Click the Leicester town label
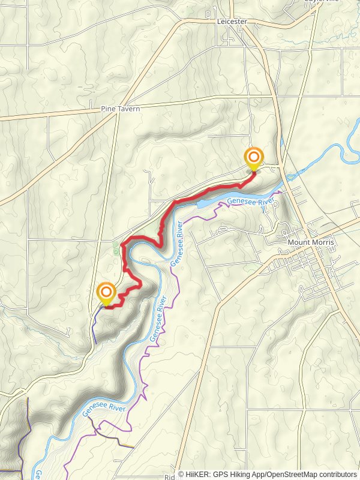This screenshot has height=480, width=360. (x=231, y=22)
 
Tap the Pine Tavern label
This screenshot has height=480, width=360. (x=120, y=109)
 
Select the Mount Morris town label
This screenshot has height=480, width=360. (x=310, y=242)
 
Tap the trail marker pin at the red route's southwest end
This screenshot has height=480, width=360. (x=106, y=294)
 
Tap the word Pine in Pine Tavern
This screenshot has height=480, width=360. (x=107, y=109)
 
